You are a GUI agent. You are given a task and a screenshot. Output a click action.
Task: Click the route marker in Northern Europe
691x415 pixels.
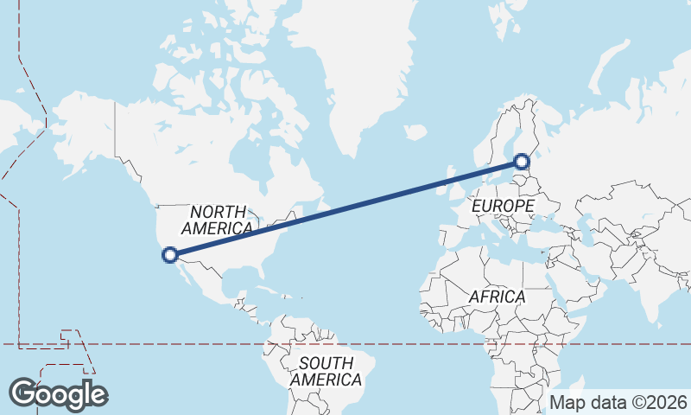[522, 160]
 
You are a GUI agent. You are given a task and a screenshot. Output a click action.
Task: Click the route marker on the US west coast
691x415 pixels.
[170, 254]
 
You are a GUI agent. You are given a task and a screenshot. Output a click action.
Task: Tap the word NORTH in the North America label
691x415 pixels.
[219, 212]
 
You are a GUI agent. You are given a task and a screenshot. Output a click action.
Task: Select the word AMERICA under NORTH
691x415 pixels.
[217, 228]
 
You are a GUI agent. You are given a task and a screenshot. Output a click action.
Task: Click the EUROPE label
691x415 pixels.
[503, 207]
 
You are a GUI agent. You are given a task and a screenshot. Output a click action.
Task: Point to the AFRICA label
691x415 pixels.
[497, 297]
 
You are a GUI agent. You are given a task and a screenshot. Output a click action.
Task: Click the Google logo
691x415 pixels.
[59, 394]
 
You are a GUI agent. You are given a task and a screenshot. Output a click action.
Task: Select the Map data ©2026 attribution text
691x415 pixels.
[618, 402]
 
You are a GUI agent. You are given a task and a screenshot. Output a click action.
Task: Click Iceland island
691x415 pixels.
[415, 133]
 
